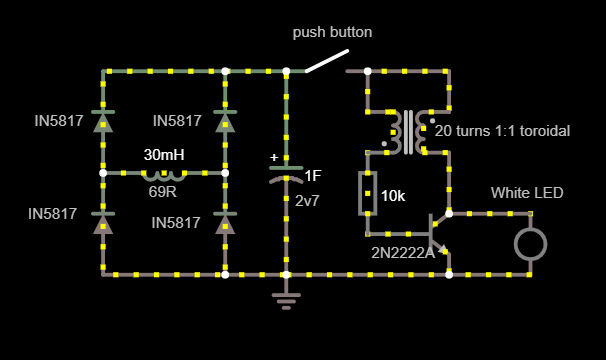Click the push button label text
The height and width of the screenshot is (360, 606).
[332, 32]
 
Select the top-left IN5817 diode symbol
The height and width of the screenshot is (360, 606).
[103, 122]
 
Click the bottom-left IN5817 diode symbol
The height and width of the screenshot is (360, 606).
[103, 221]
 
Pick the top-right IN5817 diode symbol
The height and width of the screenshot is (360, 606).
[225, 122]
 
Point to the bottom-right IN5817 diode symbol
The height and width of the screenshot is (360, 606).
[225, 221]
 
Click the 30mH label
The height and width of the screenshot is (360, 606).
[164, 155]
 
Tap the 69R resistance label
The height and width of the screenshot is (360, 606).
[163, 191]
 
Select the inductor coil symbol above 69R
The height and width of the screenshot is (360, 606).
[164, 173]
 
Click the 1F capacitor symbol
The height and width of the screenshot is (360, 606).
[286, 173]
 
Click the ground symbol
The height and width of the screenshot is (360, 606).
[286, 297]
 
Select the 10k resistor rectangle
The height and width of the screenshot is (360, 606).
[367, 193]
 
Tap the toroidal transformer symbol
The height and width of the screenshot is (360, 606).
[408, 131]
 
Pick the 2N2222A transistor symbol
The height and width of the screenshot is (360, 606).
[438, 231]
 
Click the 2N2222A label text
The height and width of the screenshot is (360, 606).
[403, 252]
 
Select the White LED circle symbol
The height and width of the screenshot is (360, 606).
[530, 243]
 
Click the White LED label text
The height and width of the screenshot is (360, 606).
[527, 192]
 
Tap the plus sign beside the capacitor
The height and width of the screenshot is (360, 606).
[274, 157]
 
